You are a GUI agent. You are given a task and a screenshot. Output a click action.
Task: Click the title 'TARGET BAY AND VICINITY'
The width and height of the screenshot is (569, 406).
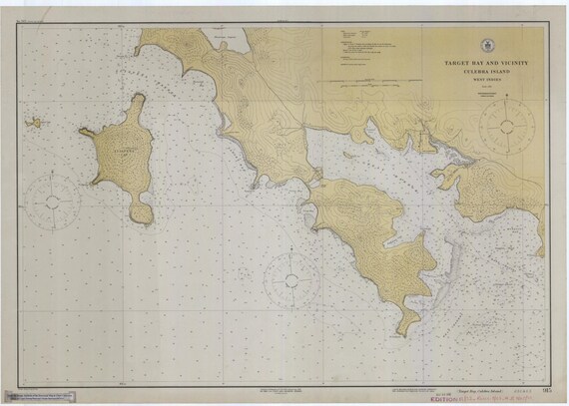click(486, 63)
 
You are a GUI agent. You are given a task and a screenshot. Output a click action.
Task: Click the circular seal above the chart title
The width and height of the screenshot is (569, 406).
click(486, 44)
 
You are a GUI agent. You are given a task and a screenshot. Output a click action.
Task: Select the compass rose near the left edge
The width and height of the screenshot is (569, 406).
click(52, 200)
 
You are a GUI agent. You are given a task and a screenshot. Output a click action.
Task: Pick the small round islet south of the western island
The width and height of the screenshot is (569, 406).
click(144, 213)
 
